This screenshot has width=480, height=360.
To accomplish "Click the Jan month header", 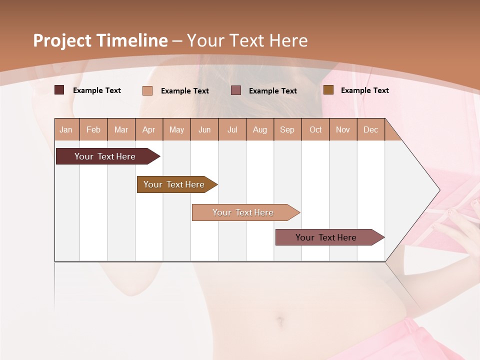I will (x=66, y=129).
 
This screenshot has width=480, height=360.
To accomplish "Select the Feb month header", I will (x=93, y=129).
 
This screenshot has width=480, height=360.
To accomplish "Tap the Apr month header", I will (x=149, y=129).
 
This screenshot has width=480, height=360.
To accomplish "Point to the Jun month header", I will (x=204, y=129).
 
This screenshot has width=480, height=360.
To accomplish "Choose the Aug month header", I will (x=260, y=129).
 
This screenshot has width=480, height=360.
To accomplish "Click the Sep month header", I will (x=287, y=129).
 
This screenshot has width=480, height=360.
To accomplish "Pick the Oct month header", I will (x=315, y=129).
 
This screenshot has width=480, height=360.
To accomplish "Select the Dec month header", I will (x=371, y=129).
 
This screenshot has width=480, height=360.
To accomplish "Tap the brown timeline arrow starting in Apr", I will (x=175, y=184).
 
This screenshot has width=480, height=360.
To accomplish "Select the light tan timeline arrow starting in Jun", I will (x=244, y=212).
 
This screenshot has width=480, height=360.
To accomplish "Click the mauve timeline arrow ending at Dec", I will (x=327, y=237).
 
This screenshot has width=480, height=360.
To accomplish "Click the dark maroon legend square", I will (x=59, y=90).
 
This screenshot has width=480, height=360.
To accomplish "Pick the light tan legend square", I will (x=147, y=90).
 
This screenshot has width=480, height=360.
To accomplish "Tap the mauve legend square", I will (x=236, y=90).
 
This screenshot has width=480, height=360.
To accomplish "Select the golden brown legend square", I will (x=328, y=90).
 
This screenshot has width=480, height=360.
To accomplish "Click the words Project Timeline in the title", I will (x=100, y=40).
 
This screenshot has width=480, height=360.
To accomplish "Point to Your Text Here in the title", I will (x=247, y=40).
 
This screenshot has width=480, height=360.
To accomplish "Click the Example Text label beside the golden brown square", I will (x=364, y=90).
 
